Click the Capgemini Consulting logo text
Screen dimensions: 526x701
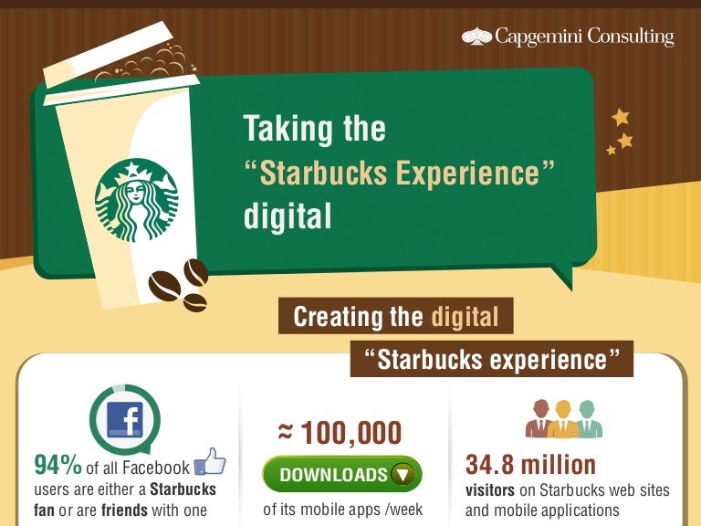[584, 37]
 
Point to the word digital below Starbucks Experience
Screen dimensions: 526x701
[286, 217]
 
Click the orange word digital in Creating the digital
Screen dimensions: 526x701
[465, 317]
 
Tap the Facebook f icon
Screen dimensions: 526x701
[124, 420]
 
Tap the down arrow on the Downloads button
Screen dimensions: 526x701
[402, 475]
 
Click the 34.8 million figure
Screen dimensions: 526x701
[530, 465]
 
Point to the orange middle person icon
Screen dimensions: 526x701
[564, 419]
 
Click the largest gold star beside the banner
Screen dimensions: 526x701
[621, 118]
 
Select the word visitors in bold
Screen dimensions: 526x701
[490, 490]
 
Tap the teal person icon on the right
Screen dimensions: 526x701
[588, 419]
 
